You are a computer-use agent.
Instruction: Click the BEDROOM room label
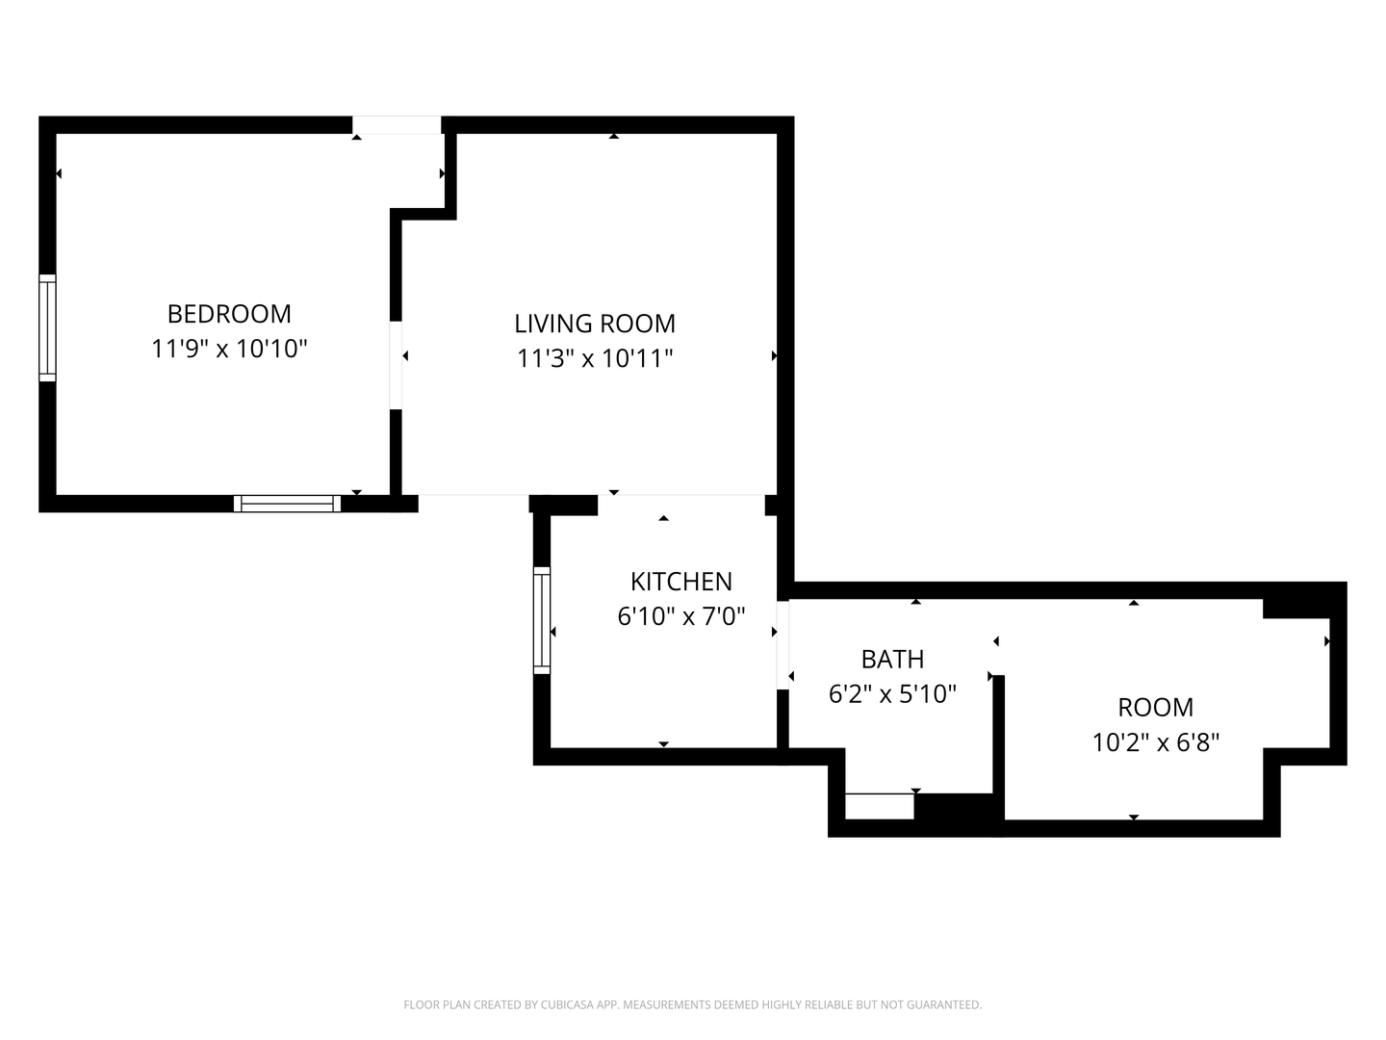(229, 314)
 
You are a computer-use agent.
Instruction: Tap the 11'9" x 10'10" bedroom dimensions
(229, 349)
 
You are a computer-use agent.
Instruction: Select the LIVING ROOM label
(595, 324)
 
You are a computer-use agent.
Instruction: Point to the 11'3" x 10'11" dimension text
(595, 358)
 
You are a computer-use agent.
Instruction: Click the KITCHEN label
(681, 582)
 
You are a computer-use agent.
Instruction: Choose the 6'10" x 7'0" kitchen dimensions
(681, 616)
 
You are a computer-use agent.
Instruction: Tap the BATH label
(892, 660)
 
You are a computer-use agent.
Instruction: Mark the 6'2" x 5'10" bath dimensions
(892, 694)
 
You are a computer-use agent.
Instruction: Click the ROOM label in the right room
(1155, 708)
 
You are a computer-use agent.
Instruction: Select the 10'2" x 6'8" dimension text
(1155, 742)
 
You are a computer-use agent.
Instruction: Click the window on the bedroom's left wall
(47, 327)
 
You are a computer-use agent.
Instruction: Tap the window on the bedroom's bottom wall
(287, 503)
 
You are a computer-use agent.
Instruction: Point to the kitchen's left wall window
(542, 619)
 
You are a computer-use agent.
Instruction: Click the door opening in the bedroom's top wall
(397, 125)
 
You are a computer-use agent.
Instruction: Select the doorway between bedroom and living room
(396, 365)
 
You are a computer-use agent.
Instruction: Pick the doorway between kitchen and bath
(783, 645)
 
